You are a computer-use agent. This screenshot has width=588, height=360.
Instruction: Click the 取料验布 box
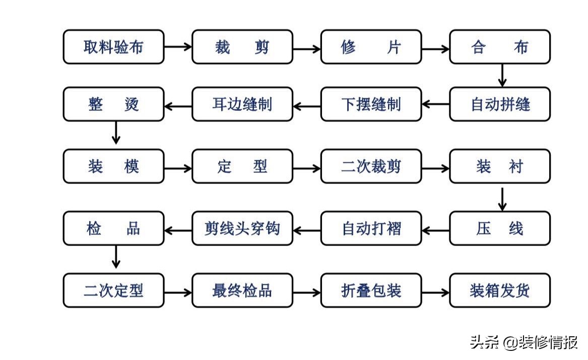click(113, 47)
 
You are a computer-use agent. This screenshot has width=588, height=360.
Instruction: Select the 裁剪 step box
click(242, 47)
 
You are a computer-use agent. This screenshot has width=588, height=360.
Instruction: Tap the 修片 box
click(371, 47)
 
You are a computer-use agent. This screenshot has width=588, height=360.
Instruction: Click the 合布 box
click(500, 47)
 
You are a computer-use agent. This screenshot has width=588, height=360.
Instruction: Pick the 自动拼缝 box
click(500, 104)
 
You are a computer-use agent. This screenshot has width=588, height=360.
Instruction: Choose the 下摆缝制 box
click(371, 104)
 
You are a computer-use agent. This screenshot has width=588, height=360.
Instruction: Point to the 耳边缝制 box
click(242, 104)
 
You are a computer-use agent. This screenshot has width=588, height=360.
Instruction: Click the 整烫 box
click(113, 104)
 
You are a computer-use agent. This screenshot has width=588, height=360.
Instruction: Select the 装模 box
click(113, 166)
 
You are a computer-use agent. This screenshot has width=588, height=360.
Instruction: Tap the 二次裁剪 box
click(371, 166)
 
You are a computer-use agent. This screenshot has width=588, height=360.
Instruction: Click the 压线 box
click(500, 228)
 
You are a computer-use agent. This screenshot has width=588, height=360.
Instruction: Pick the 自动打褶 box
click(371, 228)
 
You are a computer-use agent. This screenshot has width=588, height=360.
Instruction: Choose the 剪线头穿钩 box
click(242, 228)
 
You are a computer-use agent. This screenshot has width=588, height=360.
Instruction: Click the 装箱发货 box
click(500, 290)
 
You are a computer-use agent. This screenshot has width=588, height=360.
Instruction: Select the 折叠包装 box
click(371, 290)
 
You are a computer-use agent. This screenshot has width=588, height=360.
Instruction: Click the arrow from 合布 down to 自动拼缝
click(501, 75)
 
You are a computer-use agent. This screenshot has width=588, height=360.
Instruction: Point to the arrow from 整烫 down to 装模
click(116, 132)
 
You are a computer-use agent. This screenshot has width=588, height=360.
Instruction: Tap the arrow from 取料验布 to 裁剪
click(178, 47)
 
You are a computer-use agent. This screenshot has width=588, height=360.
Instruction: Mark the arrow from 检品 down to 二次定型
click(116, 257)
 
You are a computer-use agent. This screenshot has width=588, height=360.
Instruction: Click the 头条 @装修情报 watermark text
click(524, 342)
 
